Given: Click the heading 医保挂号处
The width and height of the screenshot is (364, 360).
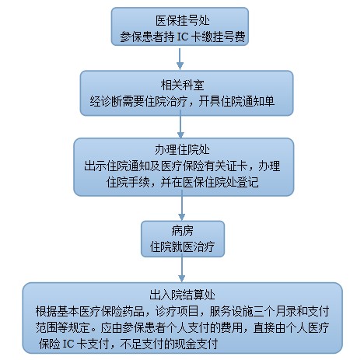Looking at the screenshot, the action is point(183,20).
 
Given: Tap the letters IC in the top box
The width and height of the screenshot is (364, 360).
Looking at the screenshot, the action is point(182,37).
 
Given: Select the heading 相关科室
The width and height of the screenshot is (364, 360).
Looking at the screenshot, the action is point(183,85).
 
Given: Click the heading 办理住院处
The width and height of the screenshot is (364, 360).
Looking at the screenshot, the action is point(183,149).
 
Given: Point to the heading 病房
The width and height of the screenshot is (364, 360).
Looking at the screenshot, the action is point(183,230).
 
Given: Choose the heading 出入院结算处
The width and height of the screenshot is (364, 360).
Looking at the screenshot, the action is point(183,295).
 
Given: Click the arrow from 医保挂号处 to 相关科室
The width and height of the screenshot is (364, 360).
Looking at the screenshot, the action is point(180,58).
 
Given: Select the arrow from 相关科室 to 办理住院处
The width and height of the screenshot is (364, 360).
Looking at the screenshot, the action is point(180,124).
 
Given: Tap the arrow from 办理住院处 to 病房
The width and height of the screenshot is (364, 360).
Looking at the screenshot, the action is point(182,205).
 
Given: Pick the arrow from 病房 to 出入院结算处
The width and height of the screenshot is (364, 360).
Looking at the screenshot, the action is point(182,268).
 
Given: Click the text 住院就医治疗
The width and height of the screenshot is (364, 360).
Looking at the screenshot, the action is point(183,246).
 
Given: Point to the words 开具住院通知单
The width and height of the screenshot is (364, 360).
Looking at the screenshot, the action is point(236,101).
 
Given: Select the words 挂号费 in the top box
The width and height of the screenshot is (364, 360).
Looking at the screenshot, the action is point(229,37).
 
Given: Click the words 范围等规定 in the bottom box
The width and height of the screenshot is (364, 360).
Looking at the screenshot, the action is point(63,327).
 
